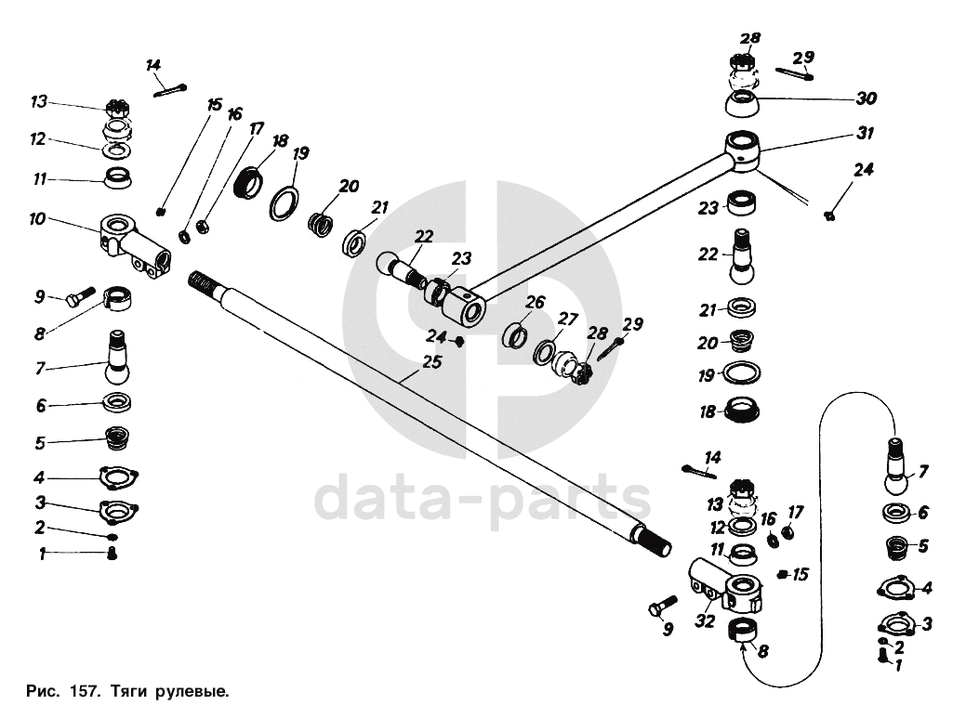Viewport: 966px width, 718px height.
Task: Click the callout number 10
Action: coord(38,219)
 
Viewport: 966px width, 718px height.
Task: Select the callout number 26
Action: coord(534,302)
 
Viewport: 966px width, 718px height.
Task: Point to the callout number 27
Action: coord(568,318)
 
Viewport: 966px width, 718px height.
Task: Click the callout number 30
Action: coord(866,98)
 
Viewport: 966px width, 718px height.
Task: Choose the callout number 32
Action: coord(705,622)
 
